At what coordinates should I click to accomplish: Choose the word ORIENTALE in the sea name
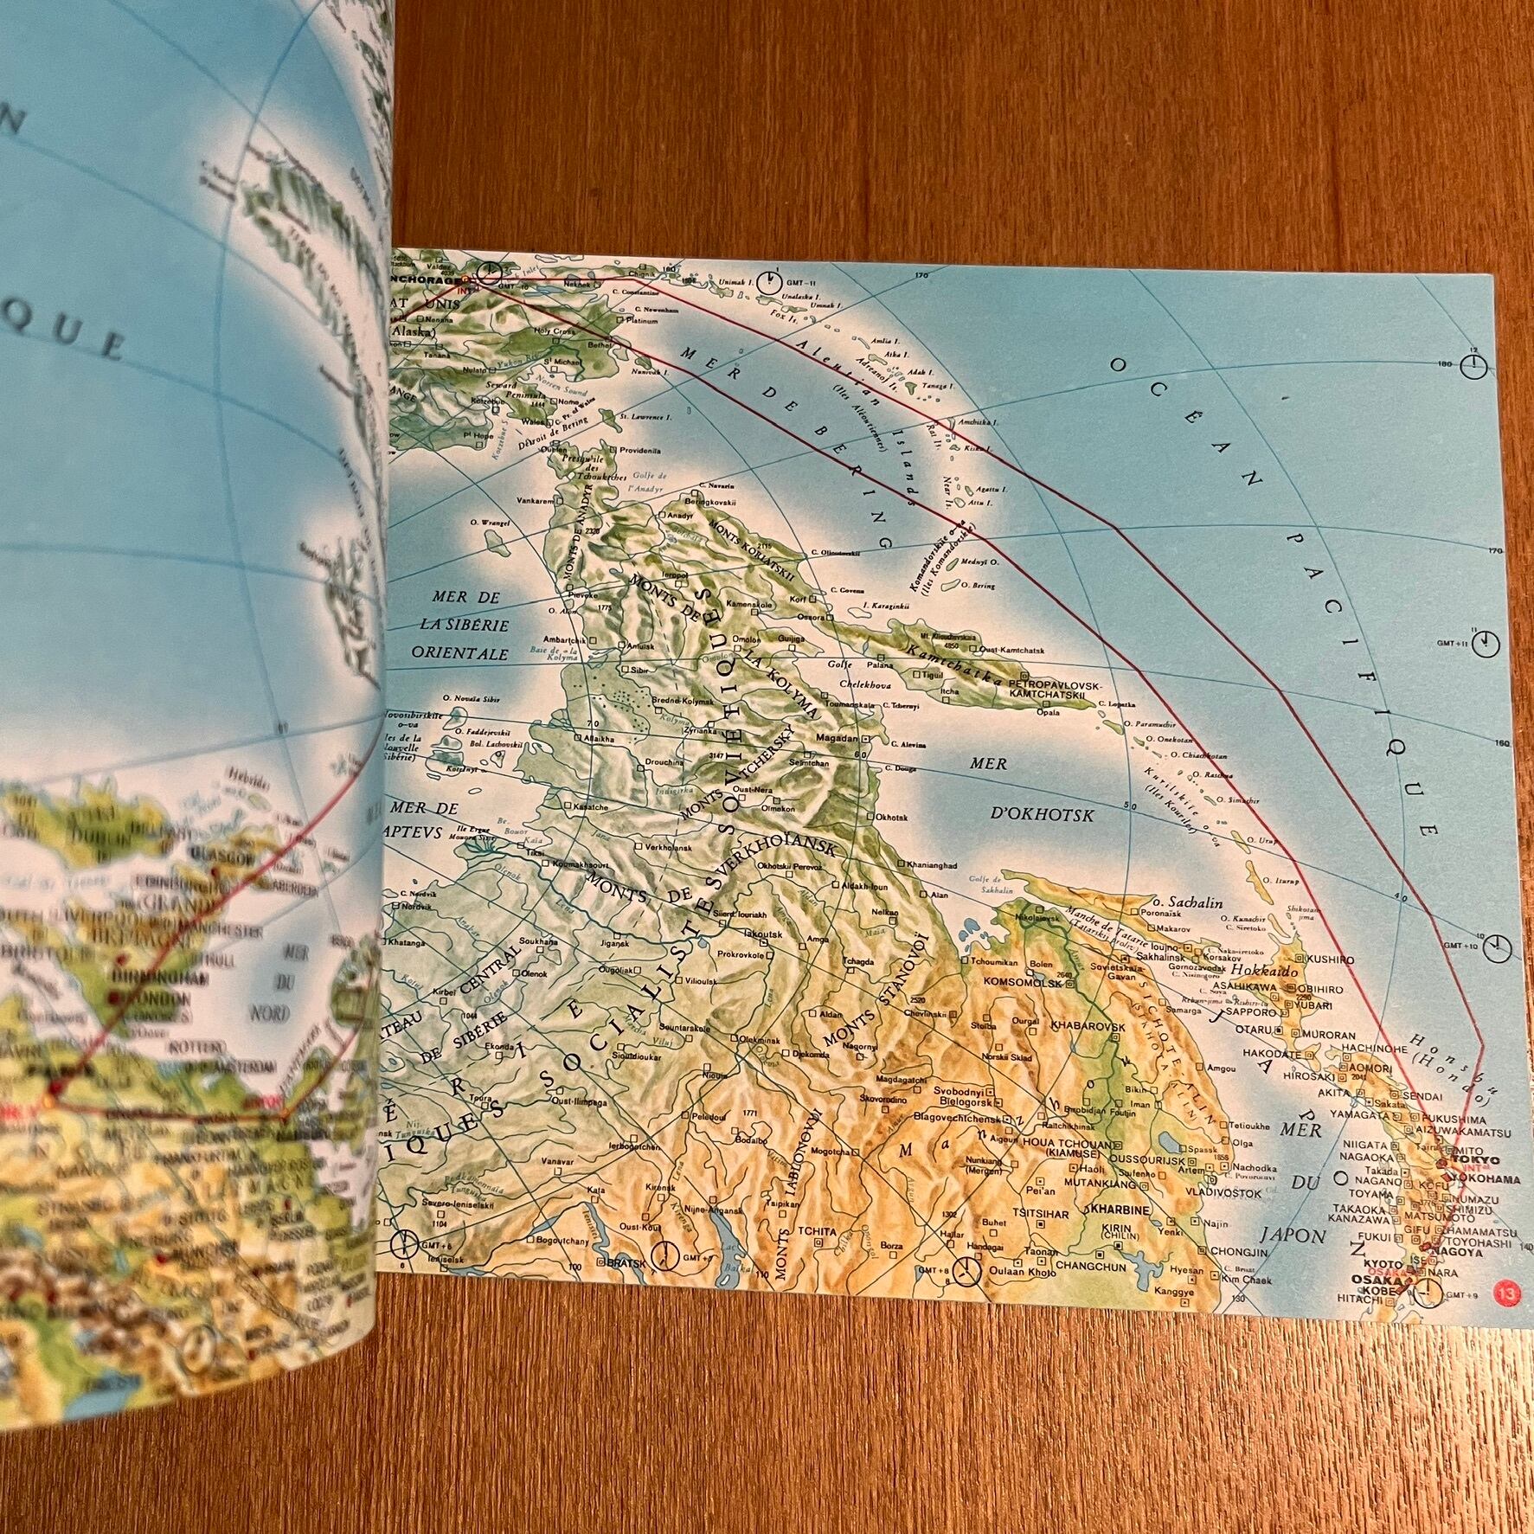pyautogui.click(x=465, y=655)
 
